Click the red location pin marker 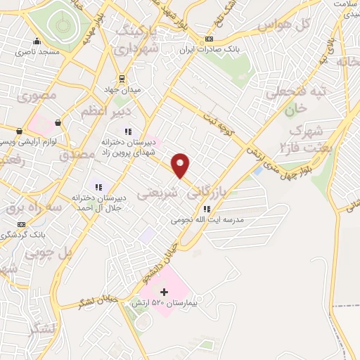click(181, 165)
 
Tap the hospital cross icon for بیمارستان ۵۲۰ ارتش click(165, 291)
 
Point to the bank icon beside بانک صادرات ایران click(207, 39)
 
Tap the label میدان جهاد click(128, 90)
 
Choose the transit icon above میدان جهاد click(122, 79)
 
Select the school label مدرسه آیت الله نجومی click(207, 219)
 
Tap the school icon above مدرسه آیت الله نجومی click(206, 209)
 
